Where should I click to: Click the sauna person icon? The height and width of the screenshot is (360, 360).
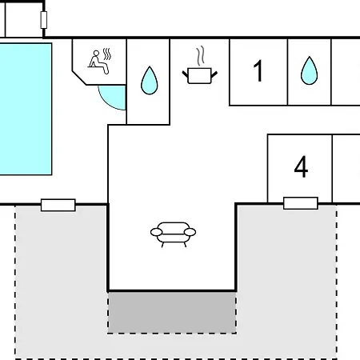(x=99, y=62)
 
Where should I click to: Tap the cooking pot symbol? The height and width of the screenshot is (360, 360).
(x=200, y=76)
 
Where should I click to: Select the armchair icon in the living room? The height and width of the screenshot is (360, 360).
(x=173, y=234)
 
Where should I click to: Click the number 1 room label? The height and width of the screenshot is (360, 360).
(x=258, y=70)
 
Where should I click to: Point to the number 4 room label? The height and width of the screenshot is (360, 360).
(x=301, y=166)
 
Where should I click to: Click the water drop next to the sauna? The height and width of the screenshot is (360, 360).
(x=150, y=81)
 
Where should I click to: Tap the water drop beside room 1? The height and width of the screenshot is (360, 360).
(x=310, y=70)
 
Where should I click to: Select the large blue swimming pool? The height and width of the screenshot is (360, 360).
(x=26, y=109)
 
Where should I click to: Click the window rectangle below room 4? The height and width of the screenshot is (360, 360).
(x=301, y=203)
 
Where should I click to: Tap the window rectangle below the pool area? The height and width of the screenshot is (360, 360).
(x=58, y=205)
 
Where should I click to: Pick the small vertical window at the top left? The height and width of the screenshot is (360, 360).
(x=44, y=20)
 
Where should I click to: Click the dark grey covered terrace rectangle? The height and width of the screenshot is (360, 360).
(x=172, y=312)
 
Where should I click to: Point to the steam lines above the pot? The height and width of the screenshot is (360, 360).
(x=201, y=56)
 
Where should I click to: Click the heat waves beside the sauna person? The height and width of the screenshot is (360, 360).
(x=107, y=54)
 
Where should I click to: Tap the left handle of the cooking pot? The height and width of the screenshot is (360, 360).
(x=185, y=74)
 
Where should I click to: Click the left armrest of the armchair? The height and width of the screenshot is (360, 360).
(x=156, y=232)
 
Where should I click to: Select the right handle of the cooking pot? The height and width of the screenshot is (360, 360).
(x=214, y=74)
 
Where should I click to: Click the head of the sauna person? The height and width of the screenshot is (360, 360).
(x=96, y=54)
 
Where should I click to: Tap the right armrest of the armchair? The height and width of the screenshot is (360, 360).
(x=190, y=232)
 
